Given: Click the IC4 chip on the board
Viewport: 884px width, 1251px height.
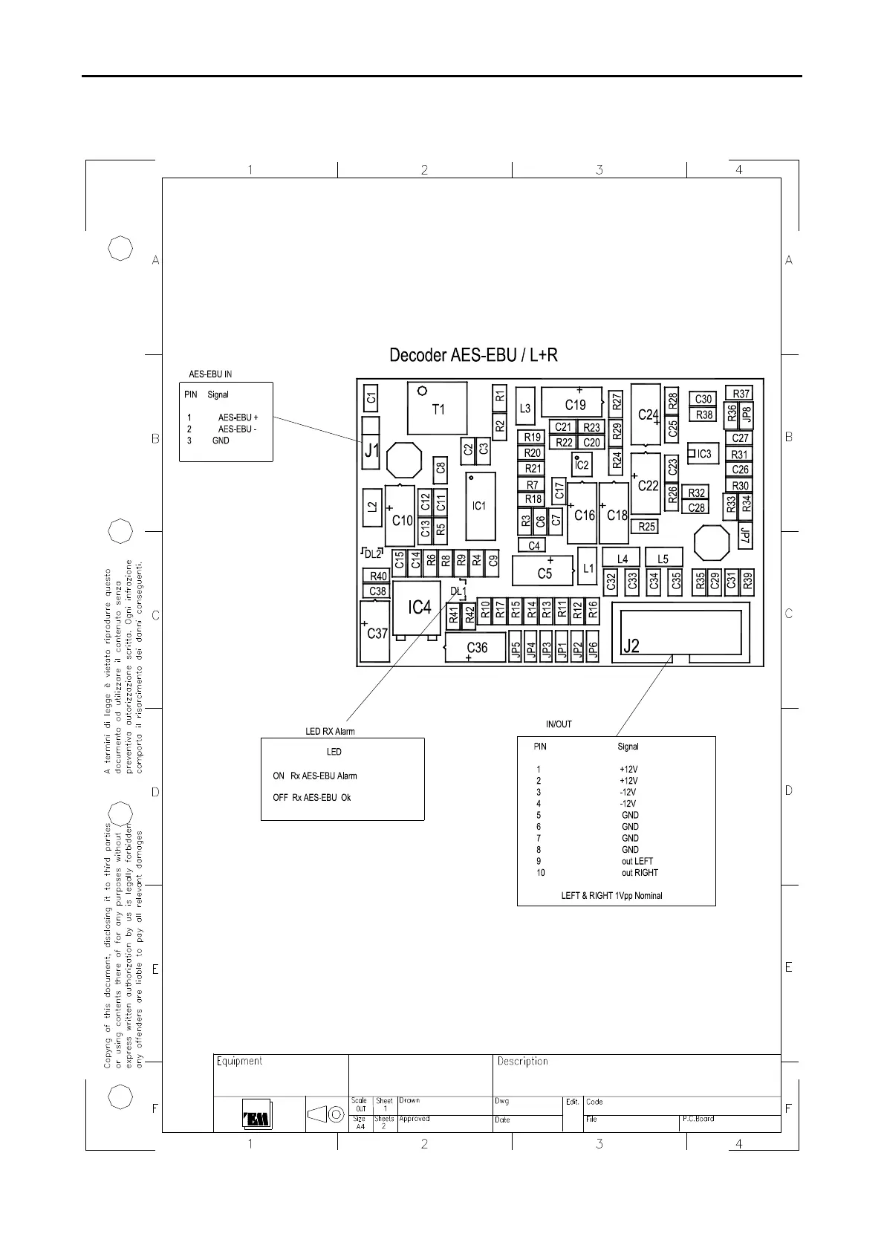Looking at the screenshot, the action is [x=416, y=608].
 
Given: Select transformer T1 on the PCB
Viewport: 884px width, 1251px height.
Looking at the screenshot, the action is [x=438, y=409].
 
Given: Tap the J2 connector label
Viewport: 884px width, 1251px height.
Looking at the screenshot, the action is [x=631, y=646].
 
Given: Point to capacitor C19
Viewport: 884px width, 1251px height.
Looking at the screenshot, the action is [x=572, y=402].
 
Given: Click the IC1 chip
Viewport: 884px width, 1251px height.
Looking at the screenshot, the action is [x=480, y=507].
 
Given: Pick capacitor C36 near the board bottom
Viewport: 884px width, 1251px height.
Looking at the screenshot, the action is [x=475, y=647].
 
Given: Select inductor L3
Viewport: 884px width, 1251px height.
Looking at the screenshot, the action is [x=525, y=409].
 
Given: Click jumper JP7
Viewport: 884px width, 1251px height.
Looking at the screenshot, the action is [x=745, y=535].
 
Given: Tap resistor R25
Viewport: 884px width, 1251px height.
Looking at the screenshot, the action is [x=646, y=526].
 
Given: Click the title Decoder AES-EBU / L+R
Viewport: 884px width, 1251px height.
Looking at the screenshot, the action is [x=473, y=355].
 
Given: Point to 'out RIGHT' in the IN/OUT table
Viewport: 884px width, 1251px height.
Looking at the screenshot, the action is [x=640, y=873].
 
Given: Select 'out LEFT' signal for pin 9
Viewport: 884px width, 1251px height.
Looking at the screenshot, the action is [x=637, y=861].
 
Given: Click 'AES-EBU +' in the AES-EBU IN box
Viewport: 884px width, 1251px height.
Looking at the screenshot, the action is [x=238, y=417].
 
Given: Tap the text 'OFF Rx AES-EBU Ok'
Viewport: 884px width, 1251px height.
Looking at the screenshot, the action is [x=311, y=798].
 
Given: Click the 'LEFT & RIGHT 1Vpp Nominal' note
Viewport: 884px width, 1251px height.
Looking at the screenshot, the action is [x=611, y=896].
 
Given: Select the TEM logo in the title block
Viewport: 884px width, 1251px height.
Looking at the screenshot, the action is [x=257, y=1114].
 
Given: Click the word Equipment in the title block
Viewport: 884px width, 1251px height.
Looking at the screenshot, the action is [x=239, y=1062].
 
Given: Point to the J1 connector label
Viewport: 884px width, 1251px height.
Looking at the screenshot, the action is [x=371, y=449].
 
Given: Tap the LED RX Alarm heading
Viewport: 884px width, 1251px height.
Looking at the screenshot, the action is [x=330, y=731].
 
